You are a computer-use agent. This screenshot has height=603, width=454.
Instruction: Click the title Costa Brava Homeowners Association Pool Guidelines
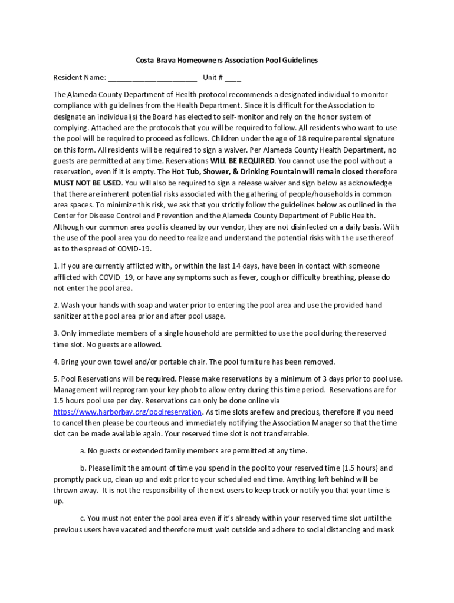227,60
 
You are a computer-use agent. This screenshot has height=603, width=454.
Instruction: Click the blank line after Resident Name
152,77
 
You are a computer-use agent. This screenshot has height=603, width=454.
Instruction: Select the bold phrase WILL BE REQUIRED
242,161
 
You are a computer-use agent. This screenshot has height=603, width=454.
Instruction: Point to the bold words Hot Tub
187,172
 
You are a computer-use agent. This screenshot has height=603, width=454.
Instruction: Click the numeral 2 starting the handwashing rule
55,305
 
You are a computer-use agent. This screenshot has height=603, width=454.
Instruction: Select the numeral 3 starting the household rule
55,333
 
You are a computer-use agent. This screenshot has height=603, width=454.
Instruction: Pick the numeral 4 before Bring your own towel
55,362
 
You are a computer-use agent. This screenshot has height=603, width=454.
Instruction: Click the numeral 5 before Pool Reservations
55,379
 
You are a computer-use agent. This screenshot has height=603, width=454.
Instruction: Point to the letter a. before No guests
83,451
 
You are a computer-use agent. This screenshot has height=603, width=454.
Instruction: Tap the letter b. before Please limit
83,468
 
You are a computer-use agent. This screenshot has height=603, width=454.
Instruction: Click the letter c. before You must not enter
83,518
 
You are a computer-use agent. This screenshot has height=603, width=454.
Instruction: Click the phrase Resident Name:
80,77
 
